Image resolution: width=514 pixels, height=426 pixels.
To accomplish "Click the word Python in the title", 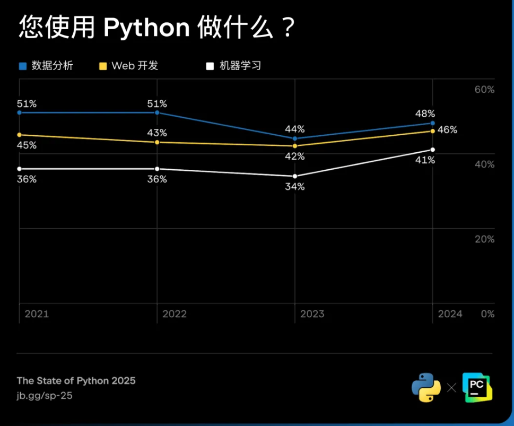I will pos(146,28).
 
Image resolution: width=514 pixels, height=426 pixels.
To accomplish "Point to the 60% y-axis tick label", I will pos(484,90).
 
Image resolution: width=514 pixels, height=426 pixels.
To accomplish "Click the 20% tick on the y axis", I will pos(484,239).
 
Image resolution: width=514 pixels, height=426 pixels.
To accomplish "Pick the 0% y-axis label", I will pos(487,314).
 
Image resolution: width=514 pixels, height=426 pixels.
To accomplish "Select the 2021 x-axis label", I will pos(37,314).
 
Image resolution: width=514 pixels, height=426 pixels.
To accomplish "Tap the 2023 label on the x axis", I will pos(312,314).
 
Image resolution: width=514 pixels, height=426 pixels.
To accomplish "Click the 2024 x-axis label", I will pos(450,314).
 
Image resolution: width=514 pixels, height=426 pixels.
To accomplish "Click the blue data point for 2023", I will pos(295,138).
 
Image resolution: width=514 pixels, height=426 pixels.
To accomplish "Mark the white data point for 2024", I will pos(433,150).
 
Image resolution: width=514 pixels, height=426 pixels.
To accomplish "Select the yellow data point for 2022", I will pos(157,142).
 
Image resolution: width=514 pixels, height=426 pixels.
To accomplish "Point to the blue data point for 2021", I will pos(20,112).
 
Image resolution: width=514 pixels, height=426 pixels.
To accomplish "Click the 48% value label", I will pos(425,114).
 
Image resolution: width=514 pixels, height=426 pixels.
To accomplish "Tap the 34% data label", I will pos(294,187).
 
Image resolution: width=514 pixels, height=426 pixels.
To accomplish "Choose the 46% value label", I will pos(447,130).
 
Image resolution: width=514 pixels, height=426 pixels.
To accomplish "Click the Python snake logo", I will pos(426,387).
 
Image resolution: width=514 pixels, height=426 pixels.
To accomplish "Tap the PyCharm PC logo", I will pos(477,387).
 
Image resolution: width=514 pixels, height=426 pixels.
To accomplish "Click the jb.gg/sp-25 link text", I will pos(45,396).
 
